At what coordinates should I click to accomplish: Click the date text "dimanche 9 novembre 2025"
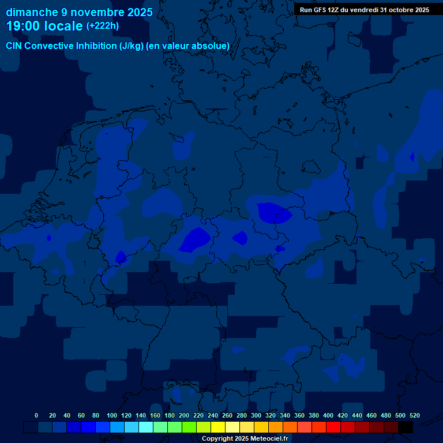point(79,12)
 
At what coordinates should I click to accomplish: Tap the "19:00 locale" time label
point(44,27)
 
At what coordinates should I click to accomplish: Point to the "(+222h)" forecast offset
point(103,26)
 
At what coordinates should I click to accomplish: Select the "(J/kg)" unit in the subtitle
point(132,46)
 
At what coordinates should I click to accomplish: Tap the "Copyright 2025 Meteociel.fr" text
point(245,438)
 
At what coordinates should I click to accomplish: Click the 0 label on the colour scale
point(36,415)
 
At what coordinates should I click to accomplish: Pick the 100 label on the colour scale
point(112,415)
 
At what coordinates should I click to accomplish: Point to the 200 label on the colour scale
point(184,415)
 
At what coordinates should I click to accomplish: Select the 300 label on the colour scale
point(256,415)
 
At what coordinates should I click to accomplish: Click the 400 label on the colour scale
point(328,415)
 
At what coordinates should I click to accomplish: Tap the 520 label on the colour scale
point(415,415)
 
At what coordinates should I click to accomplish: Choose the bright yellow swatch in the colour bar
point(218,427)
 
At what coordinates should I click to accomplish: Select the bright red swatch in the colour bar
point(333,427)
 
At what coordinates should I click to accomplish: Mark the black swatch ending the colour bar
point(406,427)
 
